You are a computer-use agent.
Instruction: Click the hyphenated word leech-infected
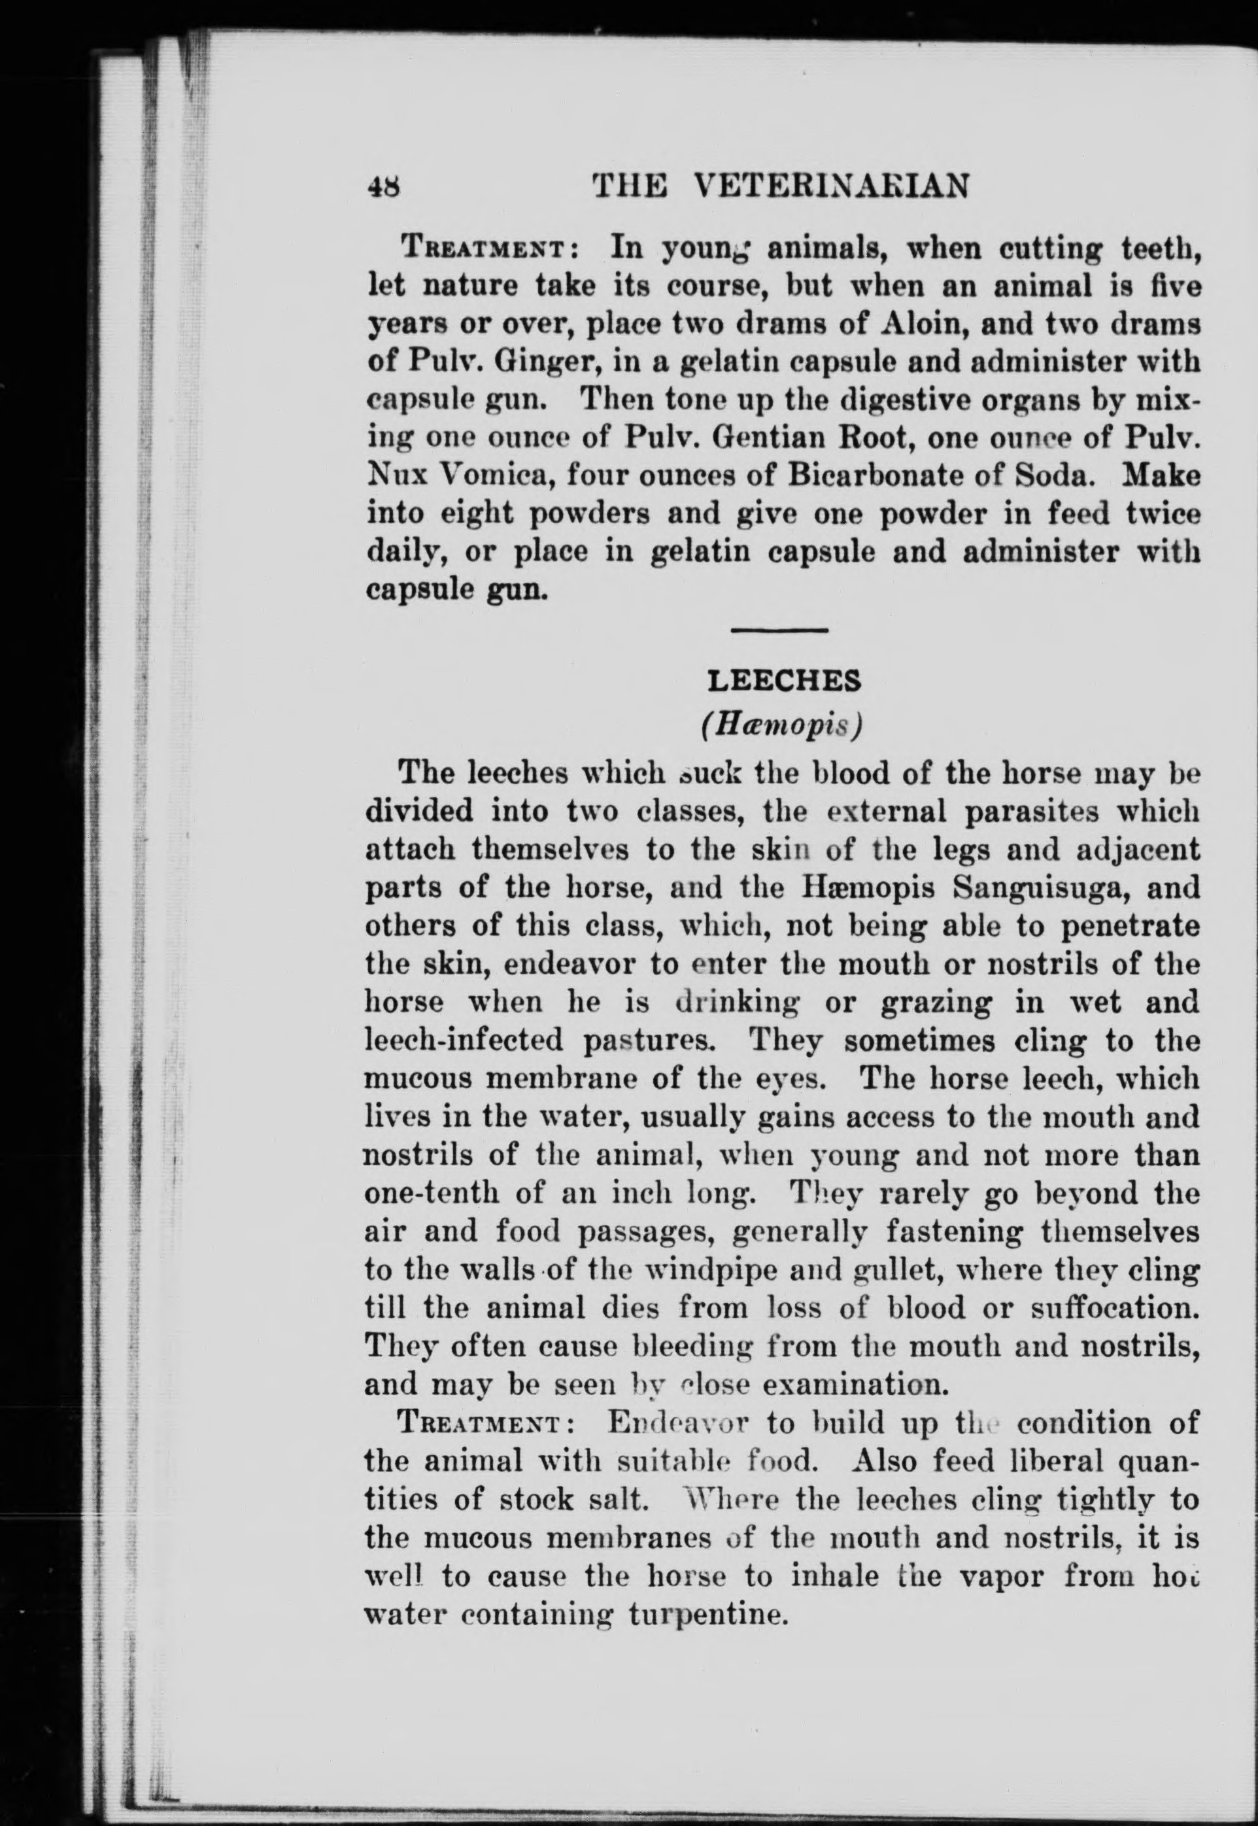tap(464, 1041)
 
